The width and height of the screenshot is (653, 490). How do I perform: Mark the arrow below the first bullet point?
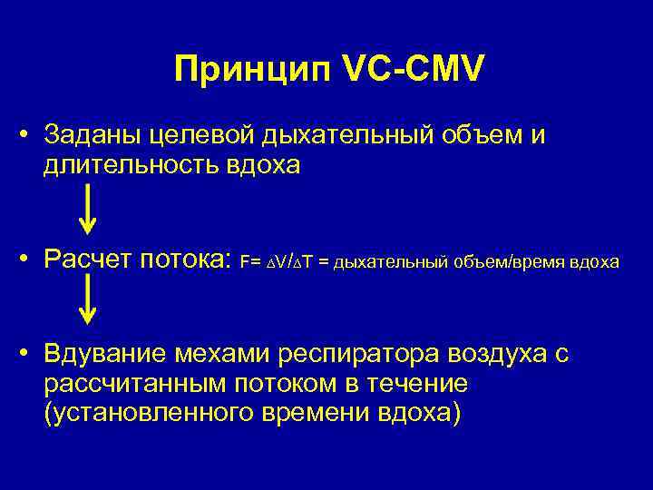point(87,210)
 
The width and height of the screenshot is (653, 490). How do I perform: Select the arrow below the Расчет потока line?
point(87,299)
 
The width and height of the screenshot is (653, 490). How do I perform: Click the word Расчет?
point(90,261)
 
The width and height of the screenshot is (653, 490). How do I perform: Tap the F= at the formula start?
point(249,263)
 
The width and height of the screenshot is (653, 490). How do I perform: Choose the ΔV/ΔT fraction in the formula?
point(288,263)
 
